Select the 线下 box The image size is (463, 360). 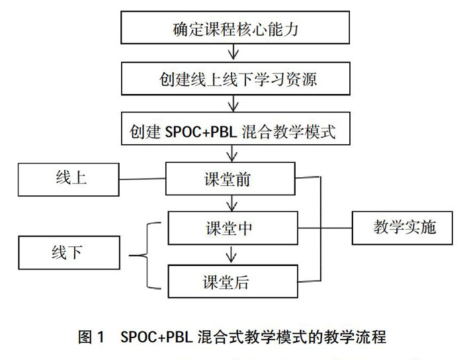point(68,253)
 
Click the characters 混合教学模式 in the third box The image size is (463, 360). point(296,131)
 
